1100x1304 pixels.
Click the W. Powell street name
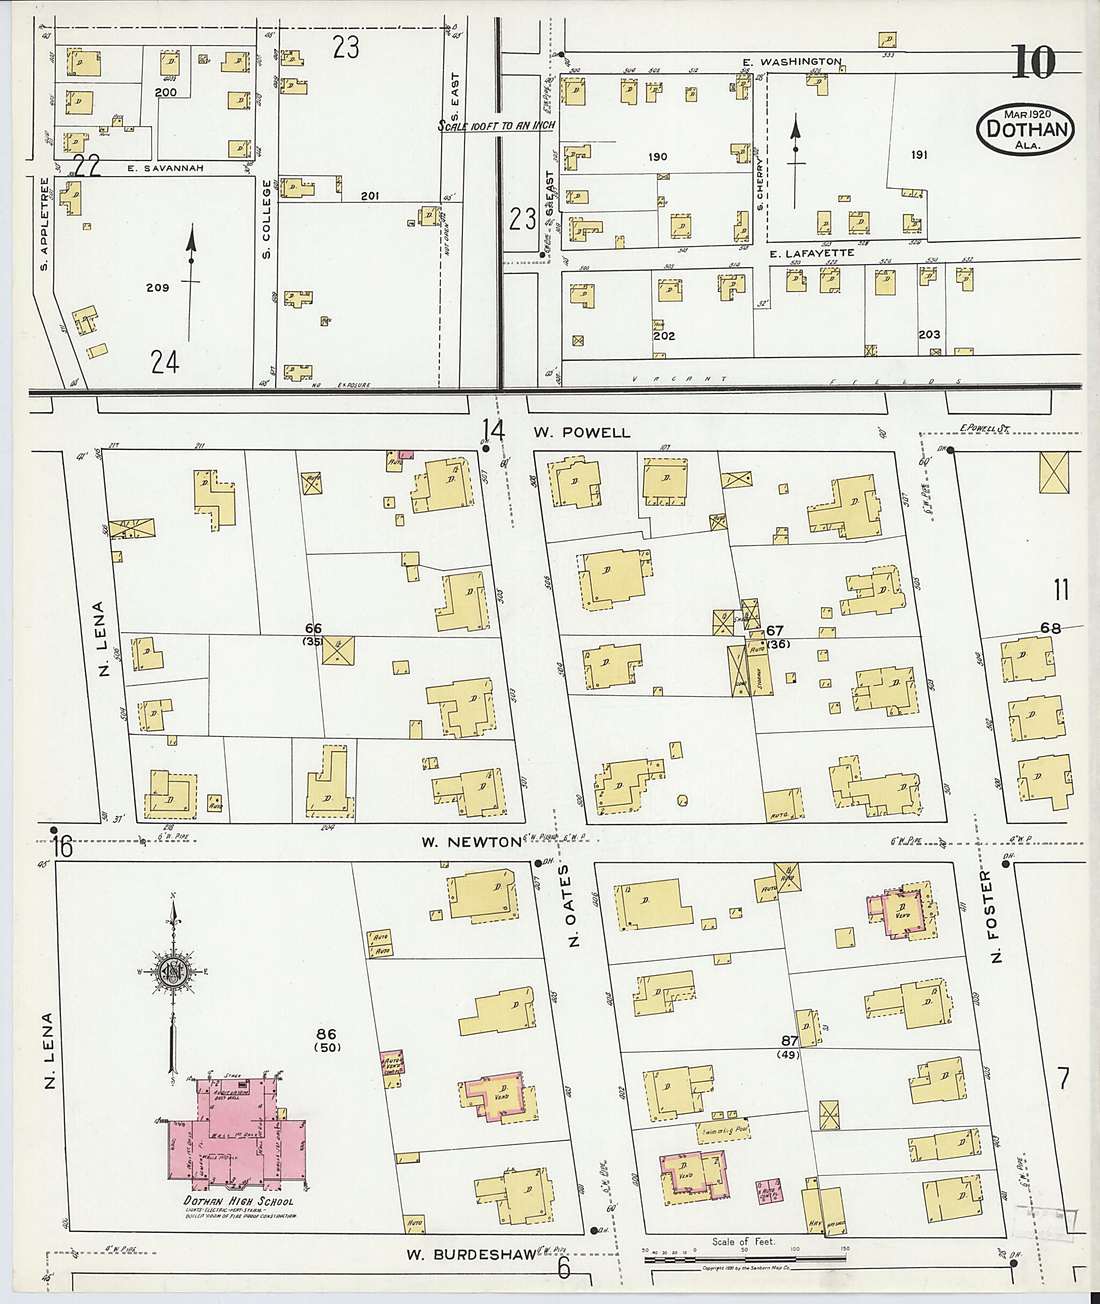582,432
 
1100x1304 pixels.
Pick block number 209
157,288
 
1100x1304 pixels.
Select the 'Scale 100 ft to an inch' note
496,125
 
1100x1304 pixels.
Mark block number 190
657,157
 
